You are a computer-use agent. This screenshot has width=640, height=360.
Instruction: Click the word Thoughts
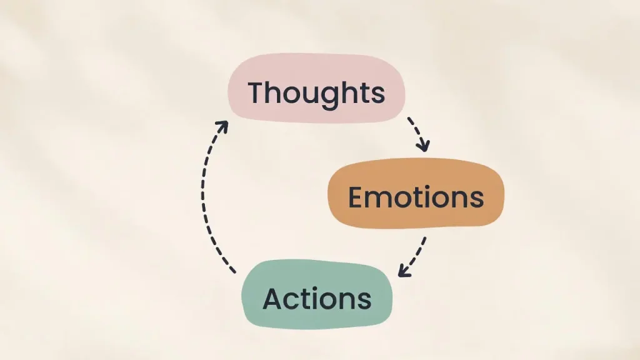point(316,93)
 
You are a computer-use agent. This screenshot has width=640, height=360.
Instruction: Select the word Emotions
point(416,197)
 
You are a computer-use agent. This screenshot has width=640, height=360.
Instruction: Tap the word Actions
point(317,298)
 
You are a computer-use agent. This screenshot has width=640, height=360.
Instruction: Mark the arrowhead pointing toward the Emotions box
point(424,146)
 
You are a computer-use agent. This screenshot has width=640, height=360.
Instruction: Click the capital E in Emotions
point(356,197)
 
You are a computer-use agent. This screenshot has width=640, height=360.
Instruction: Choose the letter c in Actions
point(291,300)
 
